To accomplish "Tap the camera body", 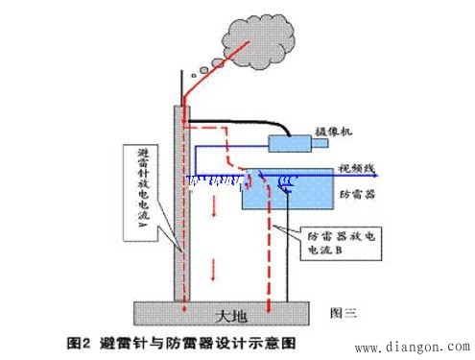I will (296, 143).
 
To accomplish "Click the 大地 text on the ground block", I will (223, 313).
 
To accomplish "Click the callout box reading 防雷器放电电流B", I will (341, 239).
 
